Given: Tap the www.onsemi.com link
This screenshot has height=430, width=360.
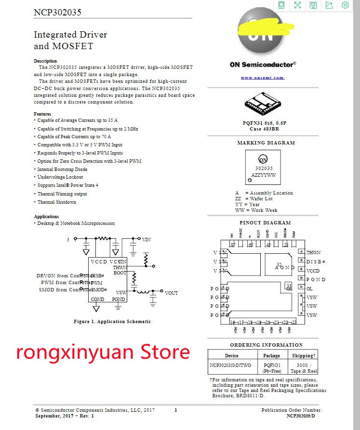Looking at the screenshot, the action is [263, 78].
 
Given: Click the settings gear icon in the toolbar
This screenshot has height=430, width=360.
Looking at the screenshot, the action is [345, 5].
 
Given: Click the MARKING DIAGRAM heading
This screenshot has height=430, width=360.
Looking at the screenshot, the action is [266, 143].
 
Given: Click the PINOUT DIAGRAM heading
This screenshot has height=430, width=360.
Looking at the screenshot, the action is [265, 223].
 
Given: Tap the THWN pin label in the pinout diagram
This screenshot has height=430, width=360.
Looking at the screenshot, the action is [313, 253].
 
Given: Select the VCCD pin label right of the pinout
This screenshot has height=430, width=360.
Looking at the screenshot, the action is [313, 271].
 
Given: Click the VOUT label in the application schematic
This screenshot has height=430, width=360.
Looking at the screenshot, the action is [171, 293].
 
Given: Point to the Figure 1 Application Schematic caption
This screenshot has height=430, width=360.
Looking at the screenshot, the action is [112, 321].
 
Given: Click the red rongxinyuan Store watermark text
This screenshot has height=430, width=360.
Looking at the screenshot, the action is [103, 352].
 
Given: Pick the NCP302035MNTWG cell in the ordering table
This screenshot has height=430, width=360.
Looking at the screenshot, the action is [231, 365].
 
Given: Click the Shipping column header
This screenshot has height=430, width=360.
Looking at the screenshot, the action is [303, 355].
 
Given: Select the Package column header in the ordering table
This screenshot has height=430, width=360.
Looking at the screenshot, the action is [272, 355].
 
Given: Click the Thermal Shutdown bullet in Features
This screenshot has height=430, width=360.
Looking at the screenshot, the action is [57, 202].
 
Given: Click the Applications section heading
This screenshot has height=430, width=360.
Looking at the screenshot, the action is [46, 217].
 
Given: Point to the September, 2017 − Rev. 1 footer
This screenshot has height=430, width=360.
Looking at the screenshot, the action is [65, 416].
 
